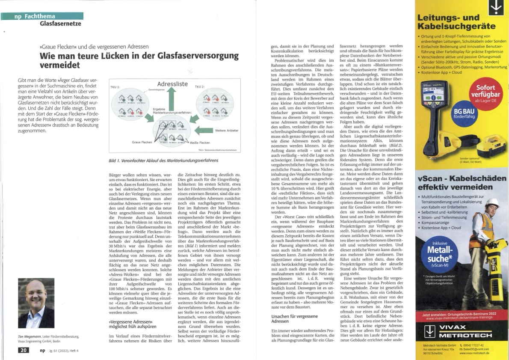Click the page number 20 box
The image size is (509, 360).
24,350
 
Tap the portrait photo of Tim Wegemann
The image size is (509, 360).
36,303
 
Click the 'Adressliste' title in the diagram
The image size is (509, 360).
173,84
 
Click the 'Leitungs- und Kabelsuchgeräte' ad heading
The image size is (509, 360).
448,22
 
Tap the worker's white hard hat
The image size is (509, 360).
491,203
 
